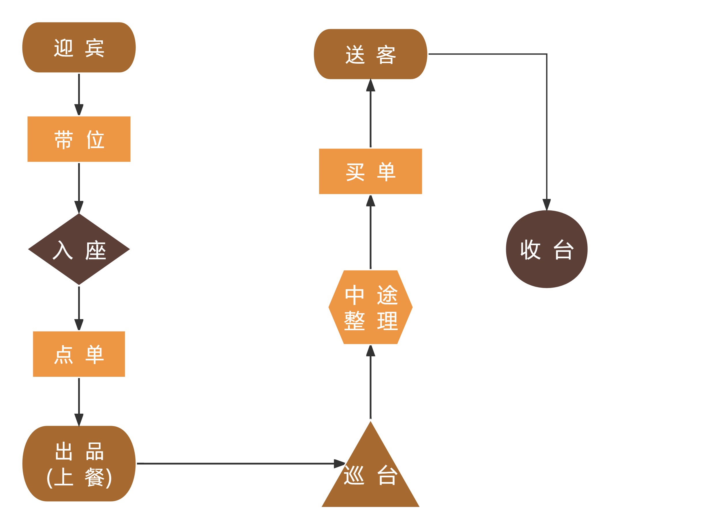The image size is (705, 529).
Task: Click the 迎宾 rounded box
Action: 79,47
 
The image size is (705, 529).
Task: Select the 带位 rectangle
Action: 79,139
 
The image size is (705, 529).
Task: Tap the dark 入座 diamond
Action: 79,249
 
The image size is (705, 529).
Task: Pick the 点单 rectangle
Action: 79,354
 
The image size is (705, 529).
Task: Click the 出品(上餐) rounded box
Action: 79,463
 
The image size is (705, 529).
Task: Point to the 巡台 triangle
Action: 370,475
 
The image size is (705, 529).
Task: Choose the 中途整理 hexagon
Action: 370,307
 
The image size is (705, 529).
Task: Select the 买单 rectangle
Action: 370,171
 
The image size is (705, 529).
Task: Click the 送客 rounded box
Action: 370,54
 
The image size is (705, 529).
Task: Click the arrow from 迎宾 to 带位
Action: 79,94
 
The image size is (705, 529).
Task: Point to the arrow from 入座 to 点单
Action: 79,308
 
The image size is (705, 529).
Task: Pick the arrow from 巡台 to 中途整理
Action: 370,383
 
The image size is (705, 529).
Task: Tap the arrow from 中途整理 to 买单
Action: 370,233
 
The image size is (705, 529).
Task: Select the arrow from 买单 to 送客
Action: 370,115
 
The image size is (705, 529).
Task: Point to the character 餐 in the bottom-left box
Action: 94,477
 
